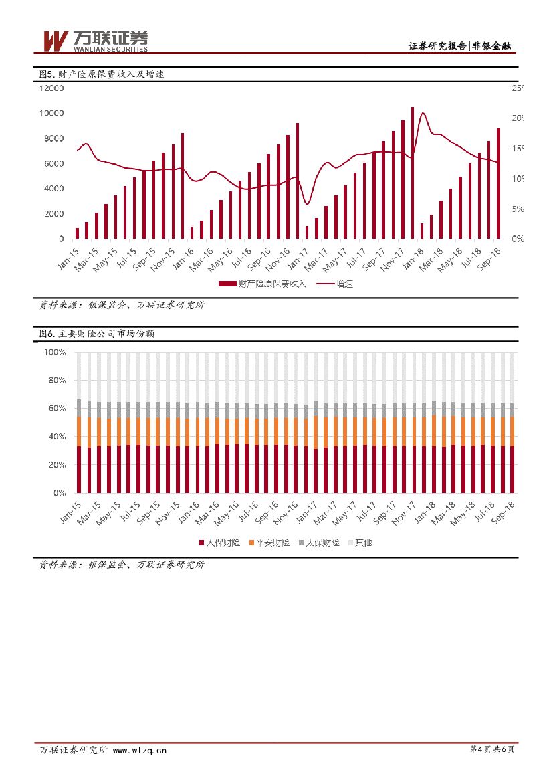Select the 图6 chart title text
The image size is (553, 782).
coord(97,333)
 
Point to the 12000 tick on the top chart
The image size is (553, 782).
coord(51,88)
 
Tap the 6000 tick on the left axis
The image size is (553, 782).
coord(54,164)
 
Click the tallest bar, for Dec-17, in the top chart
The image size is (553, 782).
coord(412,173)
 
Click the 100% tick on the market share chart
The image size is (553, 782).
coord(55,352)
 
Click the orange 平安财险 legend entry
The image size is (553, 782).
coord(268,543)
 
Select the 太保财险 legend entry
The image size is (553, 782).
coord(318,543)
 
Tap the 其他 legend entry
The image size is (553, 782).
coord(360,543)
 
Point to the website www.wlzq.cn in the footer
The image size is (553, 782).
coord(140,751)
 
